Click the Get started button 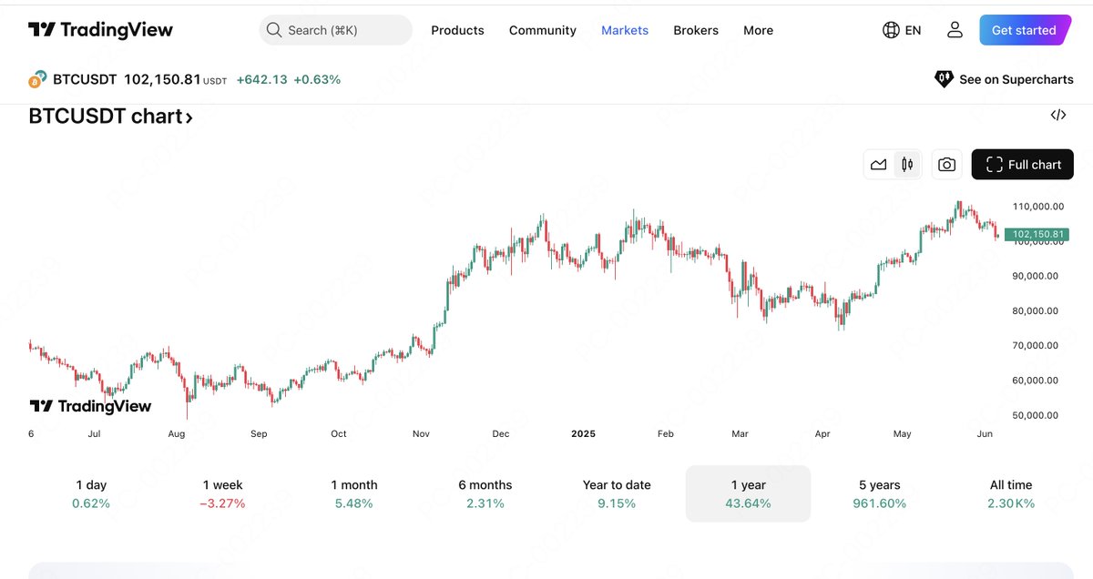(x=1025, y=30)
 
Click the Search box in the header (x=335, y=30)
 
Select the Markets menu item (x=625, y=30)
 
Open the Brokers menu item (x=696, y=30)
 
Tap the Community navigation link (x=543, y=30)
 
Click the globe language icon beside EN (x=891, y=30)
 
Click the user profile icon (x=955, y=30)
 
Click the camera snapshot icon (x=946, y=165)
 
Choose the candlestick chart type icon (x=906, y=165)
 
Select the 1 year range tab (x=748, y=493)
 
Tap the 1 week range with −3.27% (x=222, y=493)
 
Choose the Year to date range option (x=617, y=493)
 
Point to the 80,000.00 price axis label (x=1036, y=310)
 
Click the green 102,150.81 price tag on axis (x=1036, y=234)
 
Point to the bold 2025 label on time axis (x=583, y=434)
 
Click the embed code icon (x=1057, y=115)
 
